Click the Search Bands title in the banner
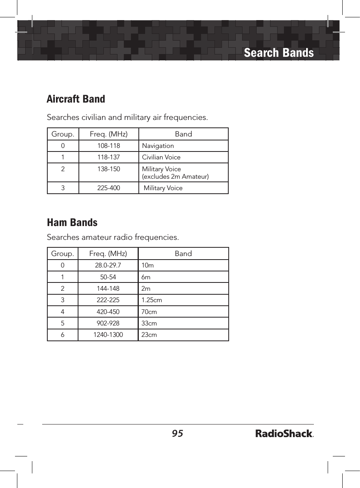(x=278, y=53)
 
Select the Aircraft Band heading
(x=76, y=99)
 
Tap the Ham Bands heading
(x=72, y=222)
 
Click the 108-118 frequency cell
(x=108, y=146)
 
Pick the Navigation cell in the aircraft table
(x=158, y=146)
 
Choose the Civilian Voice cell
(x=161, y=157)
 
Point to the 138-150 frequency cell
(x=108, y=169)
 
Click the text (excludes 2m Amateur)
(x=175, y=176)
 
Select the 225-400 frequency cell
(x=108, y=188)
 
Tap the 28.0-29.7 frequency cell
(x=108, y=266)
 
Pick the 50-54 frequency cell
(x=108, y=277)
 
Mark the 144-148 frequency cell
(x=108, y=289)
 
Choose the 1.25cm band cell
(x=151, y=300)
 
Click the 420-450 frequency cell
(x=108, y=312)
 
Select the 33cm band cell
(x=149, y=323)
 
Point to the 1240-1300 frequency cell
(x=108, y=335)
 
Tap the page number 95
(x=177, y=434)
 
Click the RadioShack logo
(x=284, y=434)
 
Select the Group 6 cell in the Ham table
(x=63, y=335)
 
